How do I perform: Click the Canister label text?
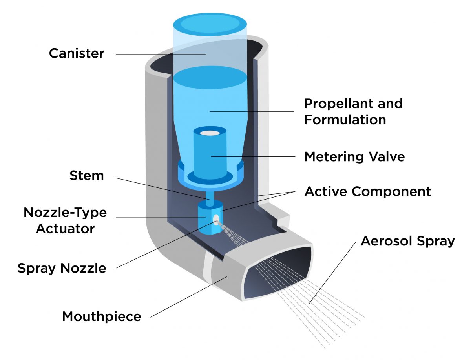[77, 53]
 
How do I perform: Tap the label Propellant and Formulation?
[353, 111]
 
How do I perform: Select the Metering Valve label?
[354, 157]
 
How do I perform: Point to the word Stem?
[87, 175]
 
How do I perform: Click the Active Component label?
[367, 191]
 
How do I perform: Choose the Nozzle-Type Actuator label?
[65, 220]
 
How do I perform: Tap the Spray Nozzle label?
[62, 268]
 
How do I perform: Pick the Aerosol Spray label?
[407, 240]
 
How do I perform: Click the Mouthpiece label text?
[101, 316]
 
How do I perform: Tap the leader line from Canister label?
[157, 54]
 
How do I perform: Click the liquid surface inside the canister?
[210, 76]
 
